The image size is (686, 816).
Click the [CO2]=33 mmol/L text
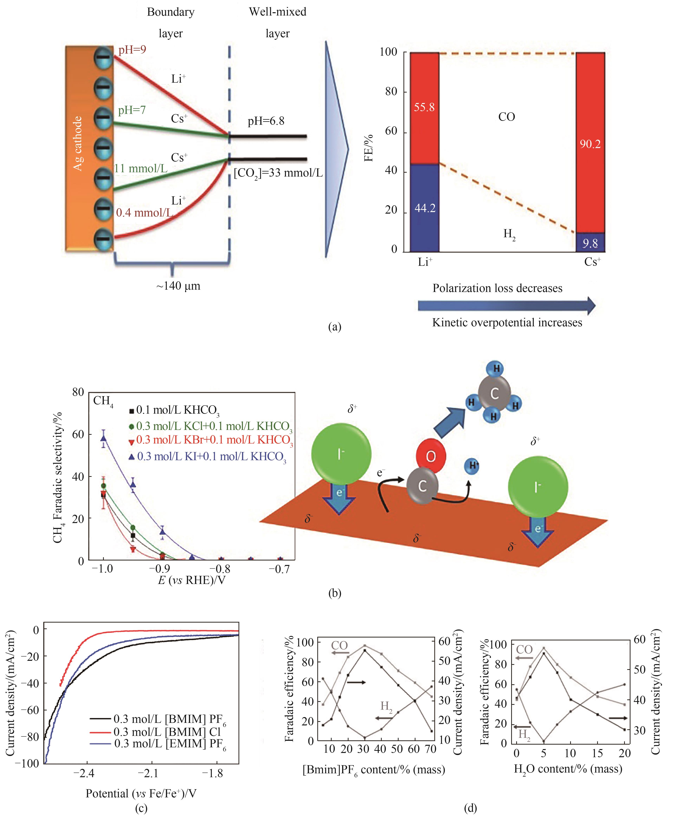tap(278, 173)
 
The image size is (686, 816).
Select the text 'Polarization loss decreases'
tap(497, 288)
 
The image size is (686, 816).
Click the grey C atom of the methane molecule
tap(494, 394)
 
